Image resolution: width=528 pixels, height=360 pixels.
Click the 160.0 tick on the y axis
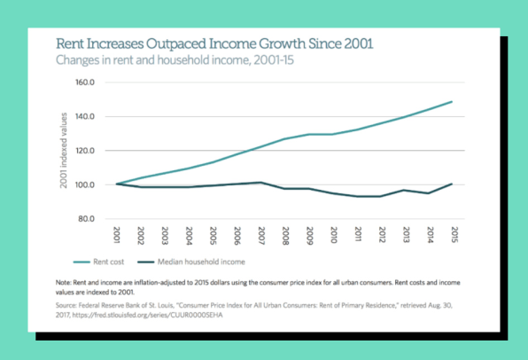[x=84, y=82]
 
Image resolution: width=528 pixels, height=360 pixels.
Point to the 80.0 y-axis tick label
[x=86, y=219]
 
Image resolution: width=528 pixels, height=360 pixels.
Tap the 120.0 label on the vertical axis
[x=85, y=151]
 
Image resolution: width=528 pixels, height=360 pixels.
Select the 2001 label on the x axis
[x=117, y=235]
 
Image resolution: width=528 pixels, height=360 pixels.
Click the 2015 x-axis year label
[x=454, y=235]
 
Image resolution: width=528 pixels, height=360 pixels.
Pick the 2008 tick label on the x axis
[x=285, y=236]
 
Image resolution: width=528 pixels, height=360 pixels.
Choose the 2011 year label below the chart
[x=358, y=234]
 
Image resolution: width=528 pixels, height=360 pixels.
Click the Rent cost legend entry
[x=98, y=262]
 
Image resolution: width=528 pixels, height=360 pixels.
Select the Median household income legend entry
[x=191, y=262]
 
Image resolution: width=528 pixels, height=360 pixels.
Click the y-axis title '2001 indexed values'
[x=63, y=151]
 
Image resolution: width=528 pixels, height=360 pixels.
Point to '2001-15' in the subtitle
[x=274, y=60]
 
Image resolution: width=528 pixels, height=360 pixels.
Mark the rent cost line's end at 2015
[x=452, y=101]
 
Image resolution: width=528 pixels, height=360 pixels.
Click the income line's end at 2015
[x=452, y=184]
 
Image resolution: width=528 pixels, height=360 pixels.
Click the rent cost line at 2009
[x=309, y=135]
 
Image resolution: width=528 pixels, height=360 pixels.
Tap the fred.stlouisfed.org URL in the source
[x=147, y=315]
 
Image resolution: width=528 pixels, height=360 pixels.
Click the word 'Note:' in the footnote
[x=64, y=283]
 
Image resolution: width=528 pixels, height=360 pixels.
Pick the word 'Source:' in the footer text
[x=66, y=305]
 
